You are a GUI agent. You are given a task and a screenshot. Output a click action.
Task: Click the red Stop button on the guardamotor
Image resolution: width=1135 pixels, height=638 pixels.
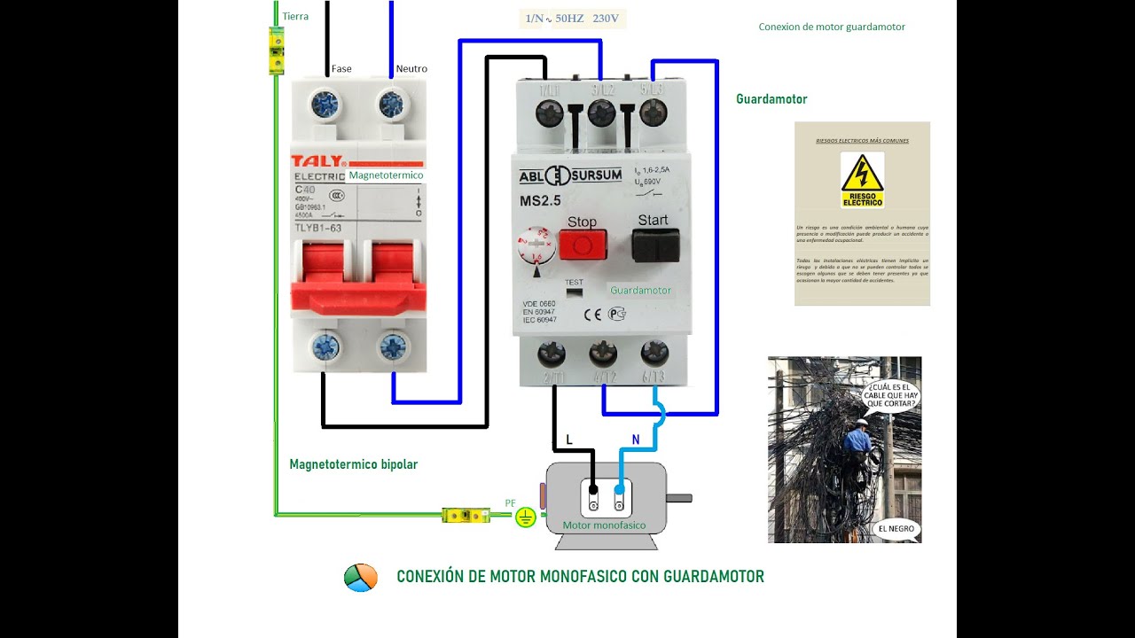[583, 245]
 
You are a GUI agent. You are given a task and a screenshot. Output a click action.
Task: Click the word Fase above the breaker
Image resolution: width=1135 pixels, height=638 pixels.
[341, 68]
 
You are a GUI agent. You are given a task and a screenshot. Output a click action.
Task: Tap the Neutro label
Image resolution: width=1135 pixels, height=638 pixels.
[411, 68]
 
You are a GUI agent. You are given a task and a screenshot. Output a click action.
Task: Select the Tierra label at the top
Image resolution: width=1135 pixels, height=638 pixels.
[295, 16]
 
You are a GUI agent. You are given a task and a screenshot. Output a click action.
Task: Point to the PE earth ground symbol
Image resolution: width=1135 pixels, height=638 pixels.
[526, 517]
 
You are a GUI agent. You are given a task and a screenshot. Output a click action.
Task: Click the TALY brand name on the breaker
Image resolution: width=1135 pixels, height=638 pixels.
[317, 162]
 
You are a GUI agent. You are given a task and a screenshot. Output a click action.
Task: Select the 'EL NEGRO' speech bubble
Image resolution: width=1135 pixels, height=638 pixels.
[896, 529]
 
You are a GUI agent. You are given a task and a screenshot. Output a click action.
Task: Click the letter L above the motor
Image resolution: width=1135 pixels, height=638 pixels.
[569, 440]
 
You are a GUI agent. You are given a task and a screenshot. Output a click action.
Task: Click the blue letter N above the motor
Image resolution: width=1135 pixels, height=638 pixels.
[635, 440]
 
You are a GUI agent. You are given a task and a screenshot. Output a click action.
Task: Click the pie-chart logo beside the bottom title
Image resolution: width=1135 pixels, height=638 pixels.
[361, 577]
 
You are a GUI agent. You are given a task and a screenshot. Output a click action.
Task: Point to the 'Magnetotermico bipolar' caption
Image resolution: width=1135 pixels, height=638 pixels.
[353, 464]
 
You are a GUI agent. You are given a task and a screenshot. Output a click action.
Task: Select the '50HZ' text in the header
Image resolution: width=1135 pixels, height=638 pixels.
[569, 18]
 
